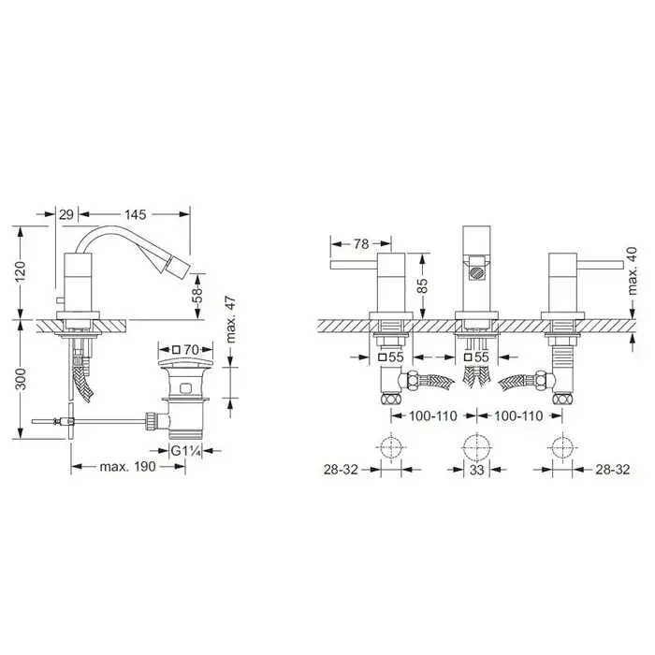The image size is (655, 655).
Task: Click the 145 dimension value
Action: [136, 214]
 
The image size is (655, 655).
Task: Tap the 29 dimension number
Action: [66, 214]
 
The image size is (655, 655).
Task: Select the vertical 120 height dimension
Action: [21, 271]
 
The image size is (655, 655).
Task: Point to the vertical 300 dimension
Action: [21, 379]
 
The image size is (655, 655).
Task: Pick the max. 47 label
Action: [230, 320]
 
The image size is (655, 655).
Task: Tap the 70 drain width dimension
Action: [186, 349]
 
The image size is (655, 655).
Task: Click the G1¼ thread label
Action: [186, 451]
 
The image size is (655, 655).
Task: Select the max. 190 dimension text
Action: [127, 467]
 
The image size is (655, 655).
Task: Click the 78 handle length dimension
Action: [361, 243]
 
